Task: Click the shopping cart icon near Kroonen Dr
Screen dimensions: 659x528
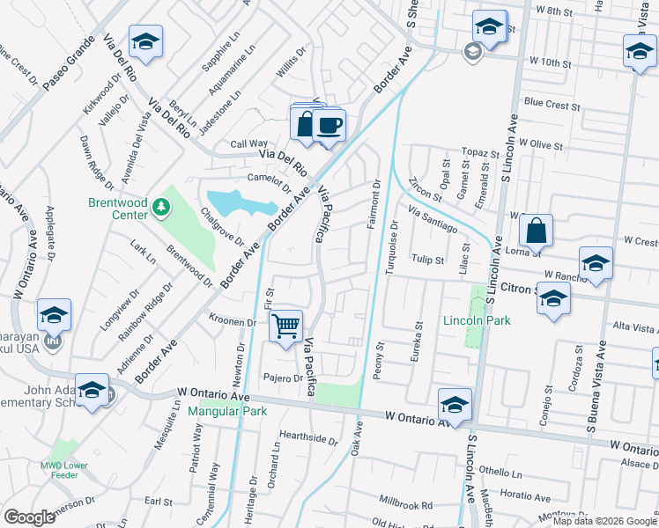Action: coord(286,326)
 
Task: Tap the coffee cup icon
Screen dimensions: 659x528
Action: coord(329,126)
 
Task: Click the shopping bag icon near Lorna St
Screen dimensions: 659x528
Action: coord(536,231)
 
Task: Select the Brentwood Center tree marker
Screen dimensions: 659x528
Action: coord(160,208)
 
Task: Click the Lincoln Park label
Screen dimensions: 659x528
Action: coord(477,321)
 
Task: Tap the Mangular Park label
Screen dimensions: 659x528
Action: coord(227,411)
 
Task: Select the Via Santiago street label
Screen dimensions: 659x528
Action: coord(433,217)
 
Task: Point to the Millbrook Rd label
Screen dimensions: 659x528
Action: coord(405,506)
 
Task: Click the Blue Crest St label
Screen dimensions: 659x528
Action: coord(552,103)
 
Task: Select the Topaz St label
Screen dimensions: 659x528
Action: coord(481,152)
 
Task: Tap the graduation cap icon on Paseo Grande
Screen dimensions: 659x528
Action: coord(145,41)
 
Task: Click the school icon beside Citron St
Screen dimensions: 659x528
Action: coord(553,299)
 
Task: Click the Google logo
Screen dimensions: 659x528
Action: coord(29,517)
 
